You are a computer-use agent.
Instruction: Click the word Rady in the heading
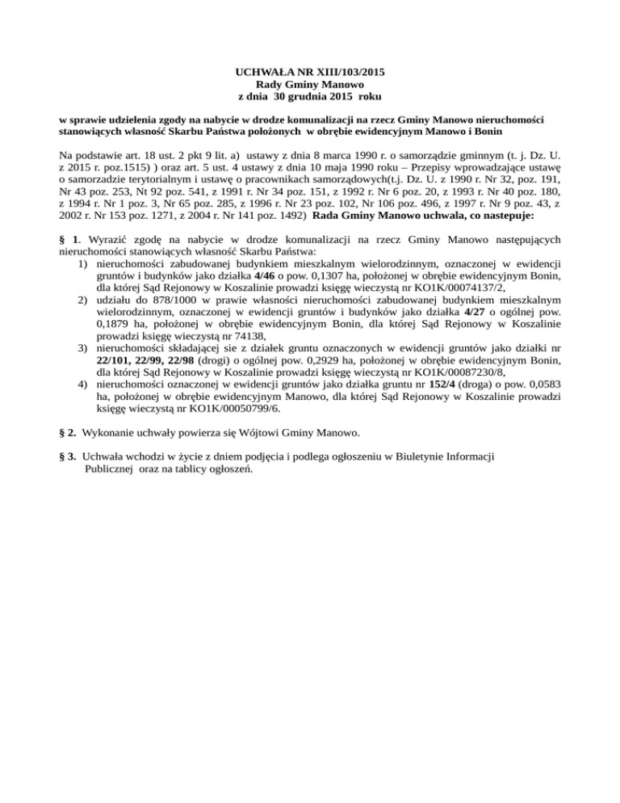[x=270, y=84]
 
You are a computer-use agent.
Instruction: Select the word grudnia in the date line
[x=317, y=96]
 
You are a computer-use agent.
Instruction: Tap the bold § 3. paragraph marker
[x=69, y=456]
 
